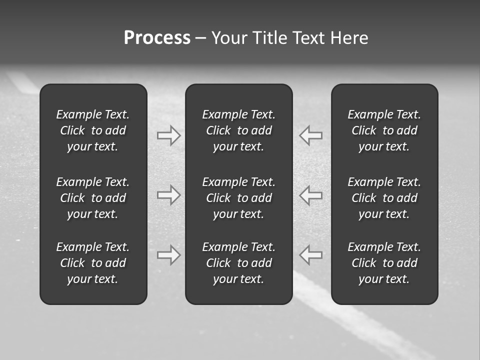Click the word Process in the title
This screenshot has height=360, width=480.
coord(157,38)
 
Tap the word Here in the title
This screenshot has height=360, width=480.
coord(349,38)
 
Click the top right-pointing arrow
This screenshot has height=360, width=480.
coord(168,135)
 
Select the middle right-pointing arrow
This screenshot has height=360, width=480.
coord(168,195)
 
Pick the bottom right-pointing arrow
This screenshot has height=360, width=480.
coord(168,254)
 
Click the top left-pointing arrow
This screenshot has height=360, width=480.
coord(311,135)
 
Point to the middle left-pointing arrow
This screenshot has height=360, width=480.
coord(311,195)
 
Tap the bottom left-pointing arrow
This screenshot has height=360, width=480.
coord(311,254)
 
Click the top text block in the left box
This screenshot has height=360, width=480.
coord(93,130)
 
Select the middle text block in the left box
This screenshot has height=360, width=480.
coord(93,198)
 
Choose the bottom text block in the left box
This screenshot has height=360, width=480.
coord(93,263)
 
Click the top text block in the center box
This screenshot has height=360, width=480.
coord(238,130)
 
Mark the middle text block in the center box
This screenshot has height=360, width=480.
coord(238,198)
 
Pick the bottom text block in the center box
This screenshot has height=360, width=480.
coord(238,263)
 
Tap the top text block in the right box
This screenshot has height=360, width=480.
coord(384,130)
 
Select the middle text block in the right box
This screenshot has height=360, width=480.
coord(384,198)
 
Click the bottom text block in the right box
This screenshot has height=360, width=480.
coord(384,263)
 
